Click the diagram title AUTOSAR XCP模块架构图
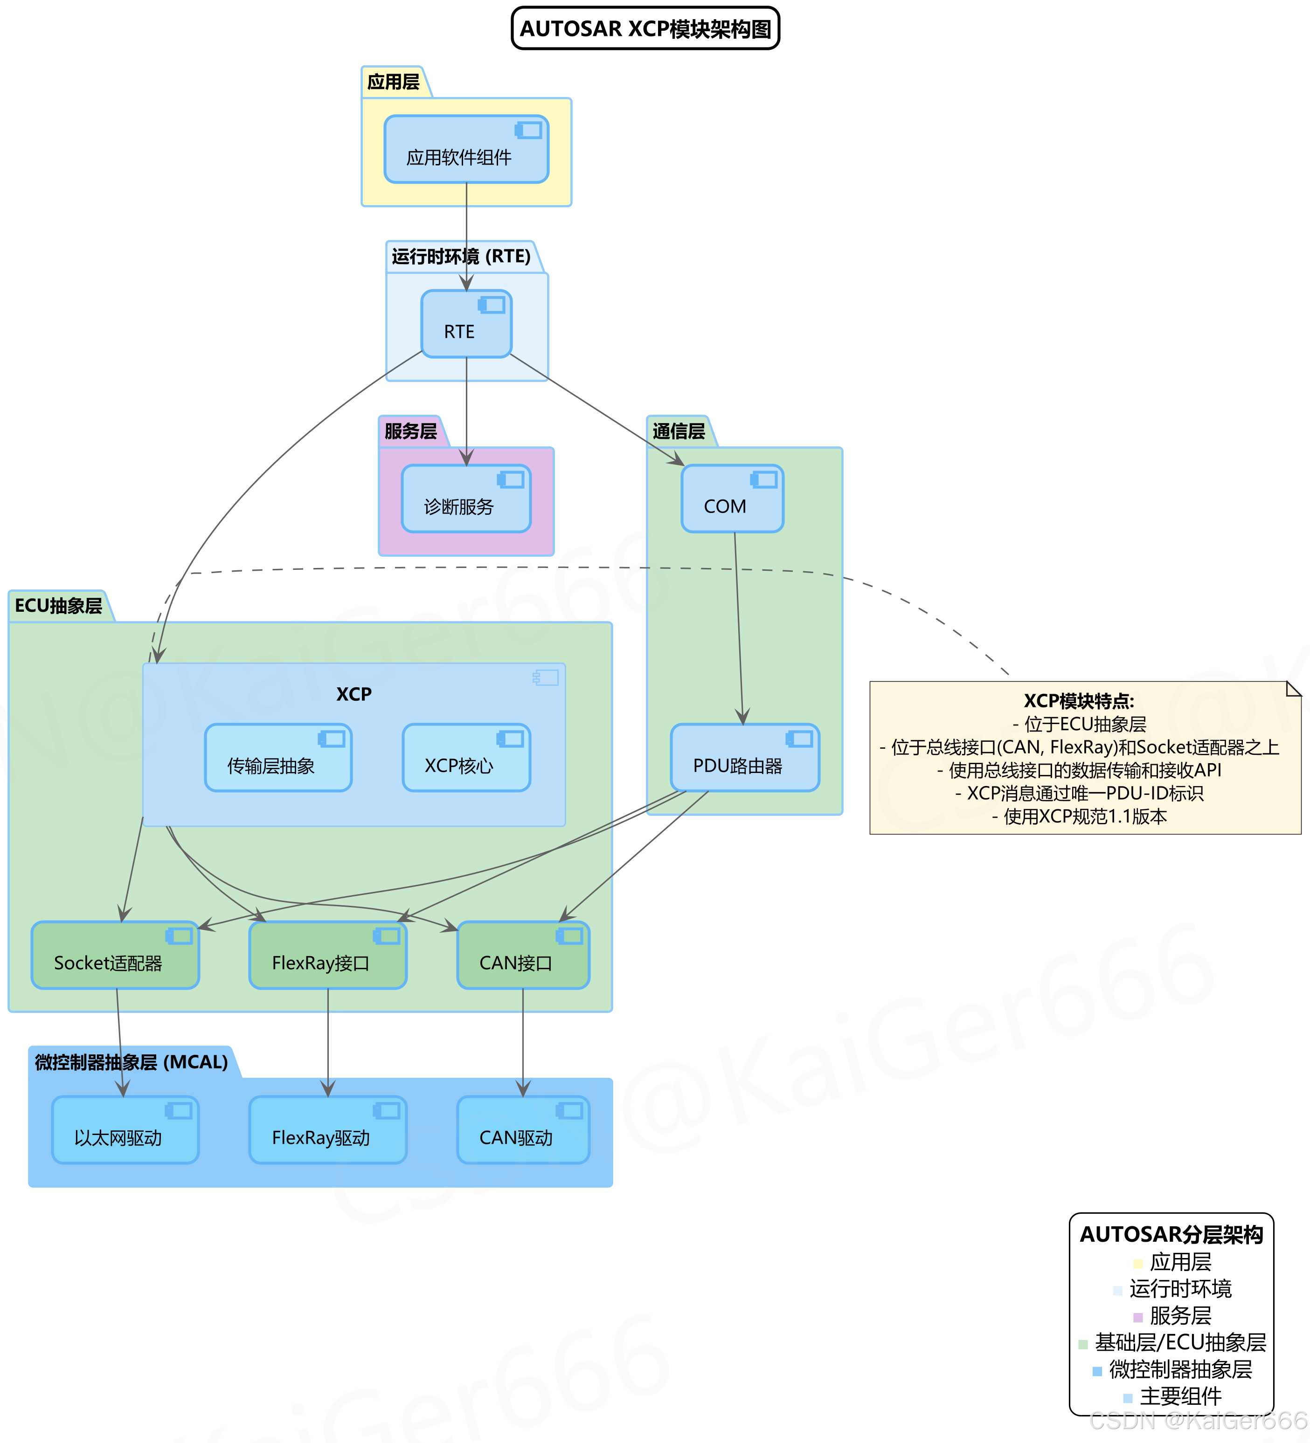(645, 28)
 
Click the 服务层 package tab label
(410, 431)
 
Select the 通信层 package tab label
(678, 431)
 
